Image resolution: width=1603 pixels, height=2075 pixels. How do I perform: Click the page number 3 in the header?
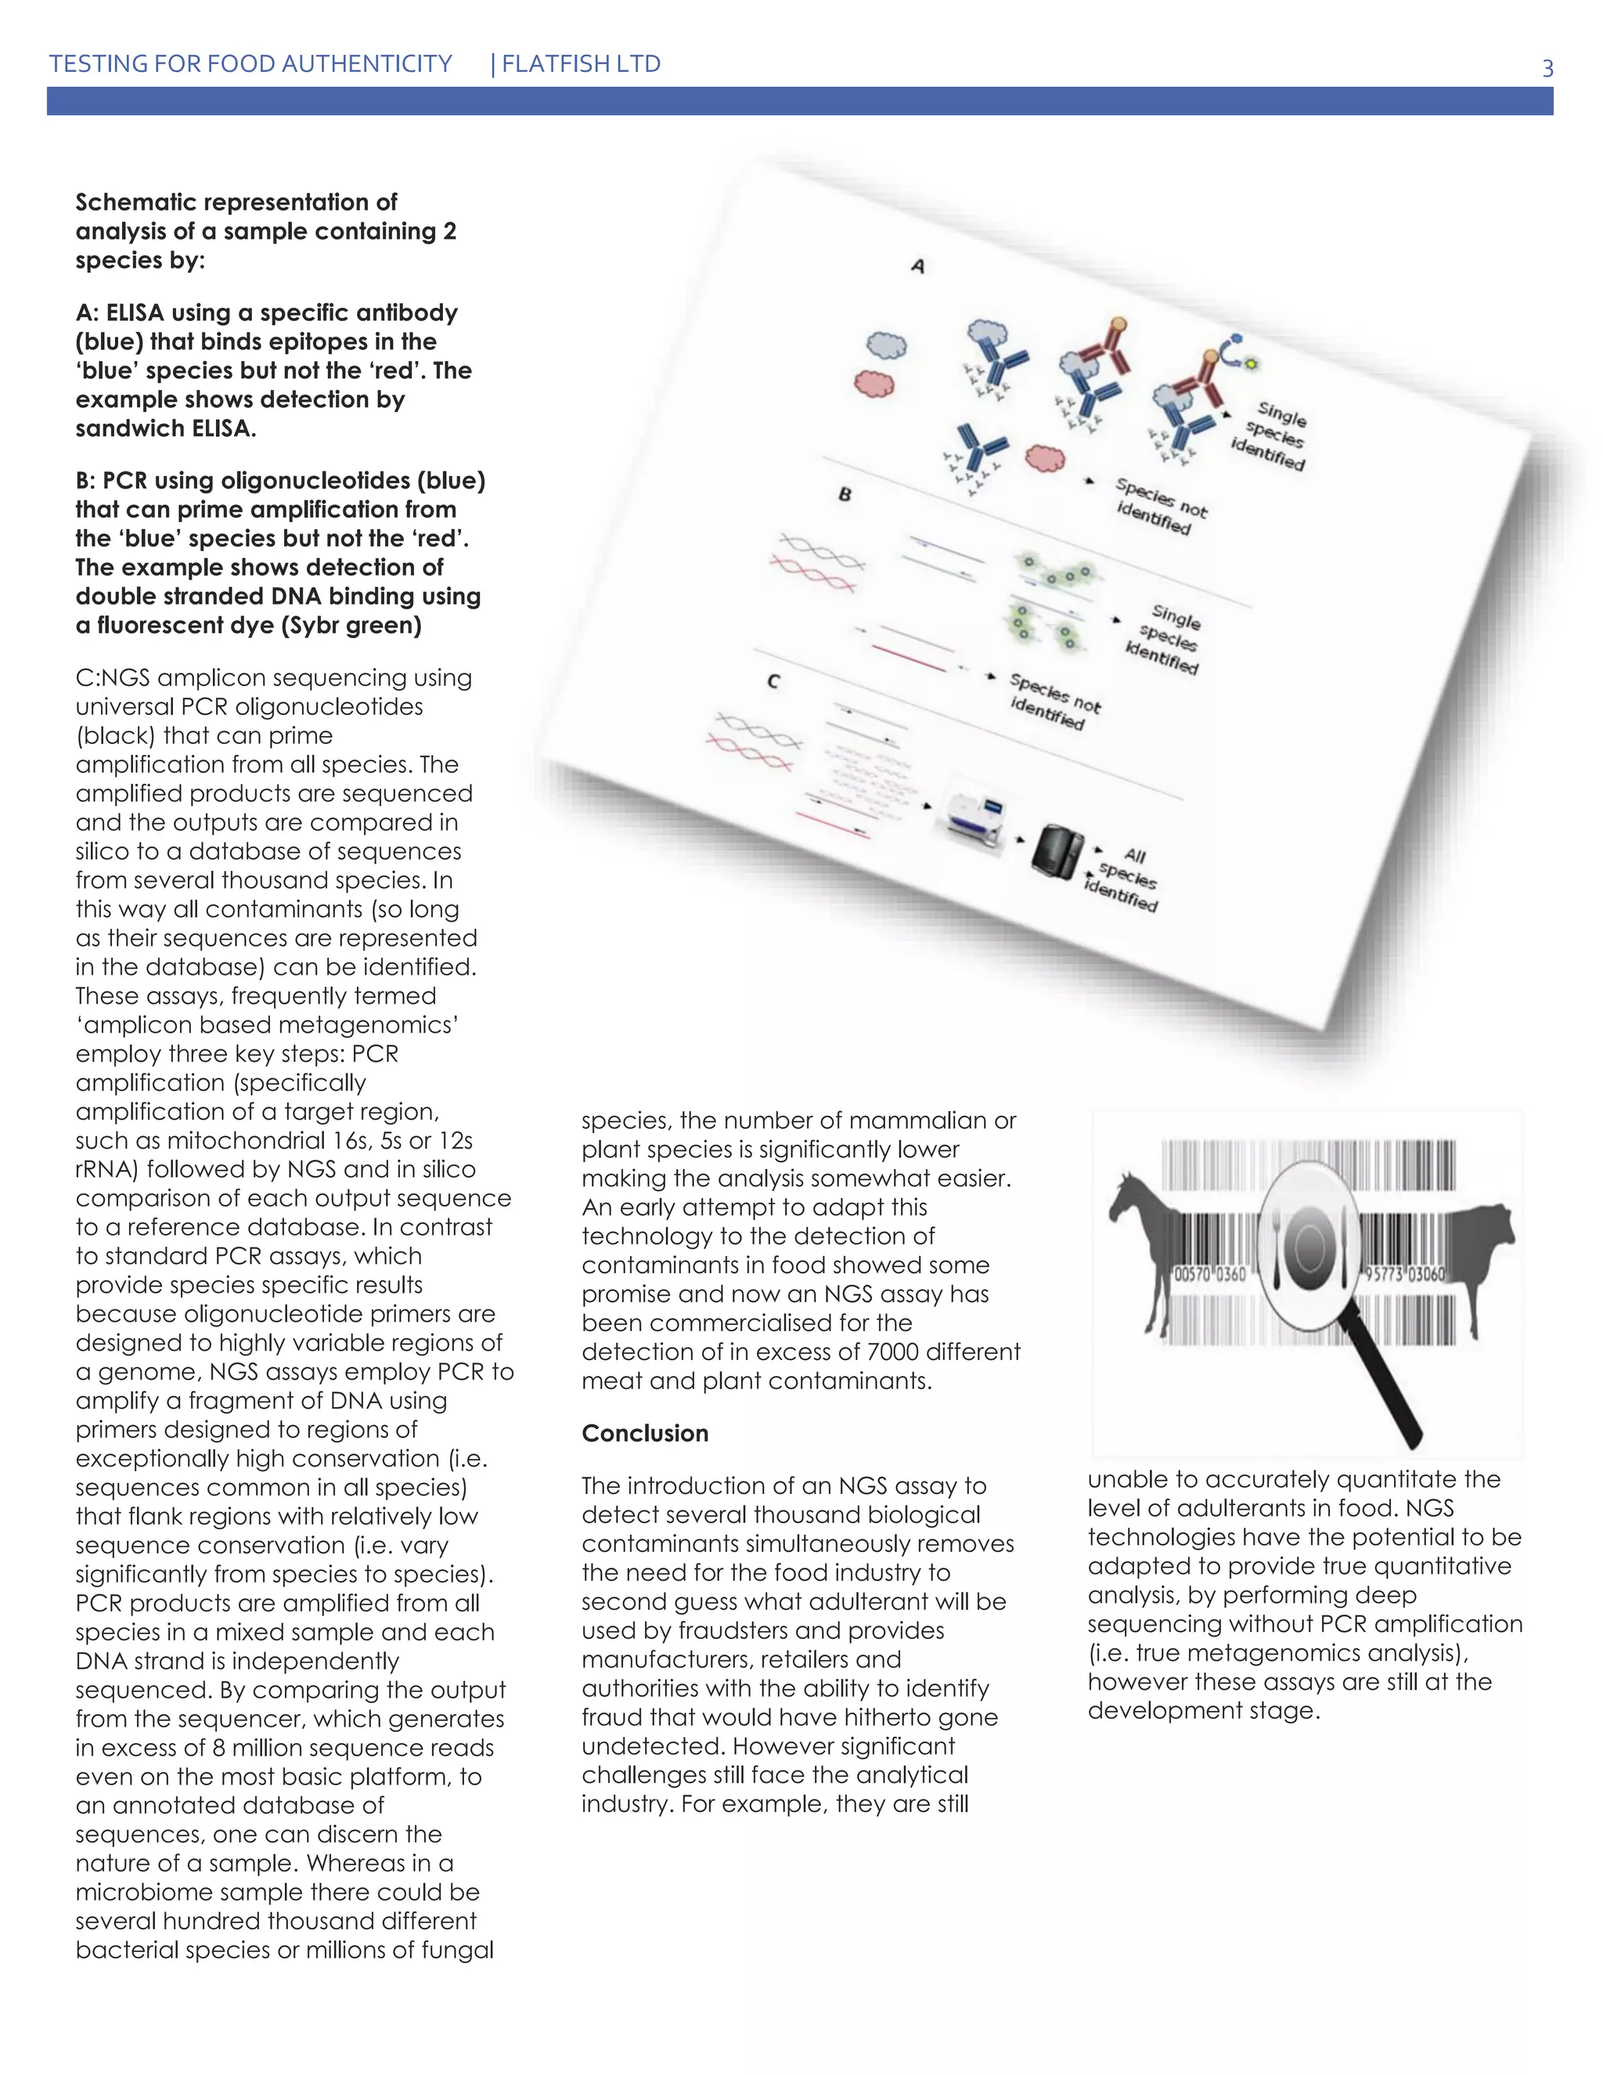click(1547, 68)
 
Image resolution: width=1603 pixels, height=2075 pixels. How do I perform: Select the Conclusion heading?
click(645, 1433)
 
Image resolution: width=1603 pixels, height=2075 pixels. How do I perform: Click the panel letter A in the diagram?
click(917, 266)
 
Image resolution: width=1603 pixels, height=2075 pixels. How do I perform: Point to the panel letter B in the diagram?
click(845, 494)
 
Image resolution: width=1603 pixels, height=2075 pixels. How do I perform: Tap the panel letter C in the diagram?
click(773, 681)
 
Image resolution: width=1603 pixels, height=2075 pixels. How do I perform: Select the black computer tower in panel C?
click(1056, 850)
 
